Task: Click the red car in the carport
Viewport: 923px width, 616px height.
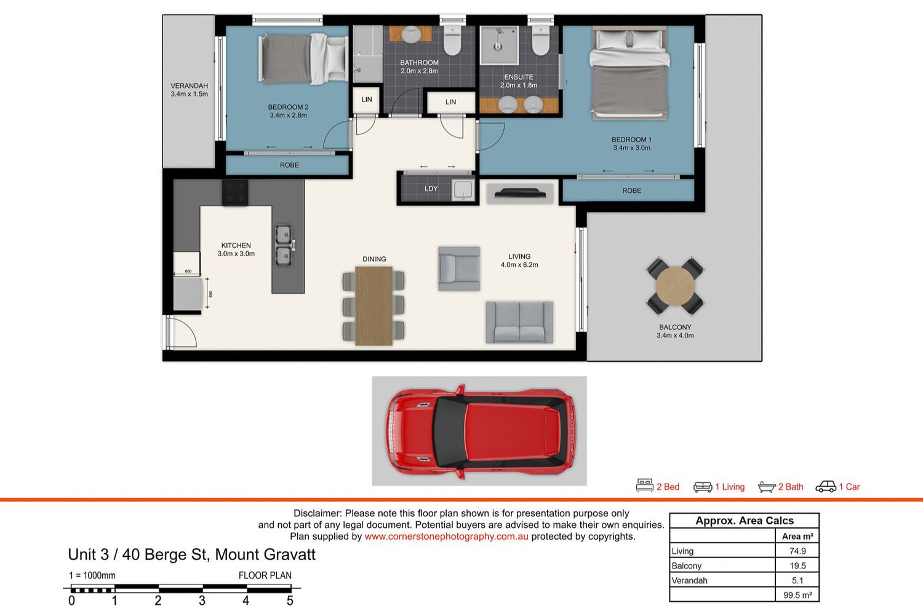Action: click(481, 432)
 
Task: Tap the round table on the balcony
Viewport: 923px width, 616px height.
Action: click(675, 286)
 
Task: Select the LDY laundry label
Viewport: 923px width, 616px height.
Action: click(431, 188)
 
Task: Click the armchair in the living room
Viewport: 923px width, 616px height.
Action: click(459, 269)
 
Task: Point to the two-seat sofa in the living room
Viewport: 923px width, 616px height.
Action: click(519, 322)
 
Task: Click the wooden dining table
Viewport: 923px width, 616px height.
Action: click(374, 306)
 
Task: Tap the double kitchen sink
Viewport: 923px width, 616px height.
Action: click(284, 245)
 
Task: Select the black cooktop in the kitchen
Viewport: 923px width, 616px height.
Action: click(235, 192)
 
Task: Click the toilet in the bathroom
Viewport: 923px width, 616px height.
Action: click(452, 40)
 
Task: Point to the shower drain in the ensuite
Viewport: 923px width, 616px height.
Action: click(498, 47)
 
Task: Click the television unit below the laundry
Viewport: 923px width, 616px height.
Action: click(520, 193)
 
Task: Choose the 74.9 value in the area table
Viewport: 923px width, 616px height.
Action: click(797, 551)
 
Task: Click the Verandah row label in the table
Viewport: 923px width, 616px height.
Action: click(689, 580)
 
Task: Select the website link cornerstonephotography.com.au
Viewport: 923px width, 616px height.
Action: click(446, 537)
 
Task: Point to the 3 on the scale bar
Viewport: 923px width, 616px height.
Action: click(202, 601)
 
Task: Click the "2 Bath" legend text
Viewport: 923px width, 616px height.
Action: click(791, 487)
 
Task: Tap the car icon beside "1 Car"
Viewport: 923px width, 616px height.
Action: click(826, 487)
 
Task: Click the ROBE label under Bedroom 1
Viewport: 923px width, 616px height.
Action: click(632, 190)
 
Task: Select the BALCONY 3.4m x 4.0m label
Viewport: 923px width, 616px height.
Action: click(675, 331)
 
